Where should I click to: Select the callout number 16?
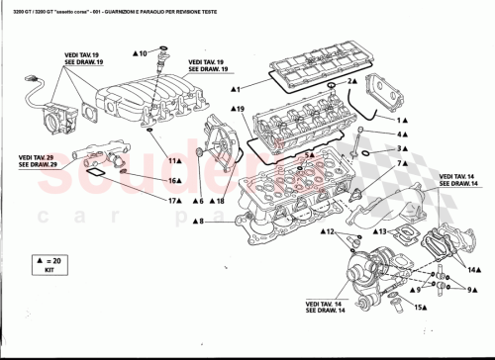click(x=173, y=181)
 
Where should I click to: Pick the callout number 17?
click(x=173, y=201)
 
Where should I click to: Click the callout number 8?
click(x=201, y=222)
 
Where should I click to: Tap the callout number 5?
click(x=310, y=155)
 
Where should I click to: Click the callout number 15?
click(x=419, y=308)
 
